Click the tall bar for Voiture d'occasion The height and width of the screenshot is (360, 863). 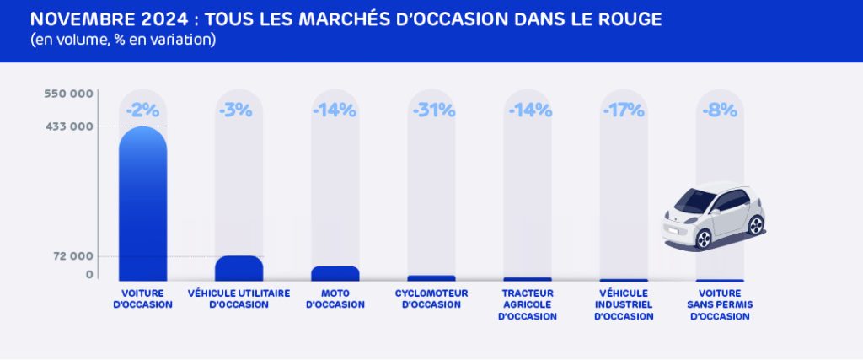[143, 207]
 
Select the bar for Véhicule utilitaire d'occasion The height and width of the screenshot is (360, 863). [239, 268]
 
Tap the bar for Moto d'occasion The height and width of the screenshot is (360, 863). [335, 273]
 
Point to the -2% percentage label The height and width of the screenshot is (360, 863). [143, 110]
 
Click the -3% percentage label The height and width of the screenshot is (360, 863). [239, 110]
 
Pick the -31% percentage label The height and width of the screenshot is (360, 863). [433, 110]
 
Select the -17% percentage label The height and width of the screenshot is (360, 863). [624, 110]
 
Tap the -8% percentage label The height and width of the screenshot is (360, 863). [720, 110]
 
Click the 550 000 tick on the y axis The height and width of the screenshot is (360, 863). [68, 94]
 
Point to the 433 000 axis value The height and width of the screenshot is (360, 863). [68, 126]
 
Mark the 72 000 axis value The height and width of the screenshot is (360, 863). [72, 256]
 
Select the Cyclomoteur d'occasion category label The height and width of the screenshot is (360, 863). [431, 298]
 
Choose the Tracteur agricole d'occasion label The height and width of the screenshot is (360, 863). [528, 304]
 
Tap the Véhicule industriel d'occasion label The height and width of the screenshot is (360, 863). [624, 304]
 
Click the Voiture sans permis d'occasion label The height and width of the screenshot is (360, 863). [720, 304]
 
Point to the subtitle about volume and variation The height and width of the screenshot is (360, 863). [123, 40]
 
